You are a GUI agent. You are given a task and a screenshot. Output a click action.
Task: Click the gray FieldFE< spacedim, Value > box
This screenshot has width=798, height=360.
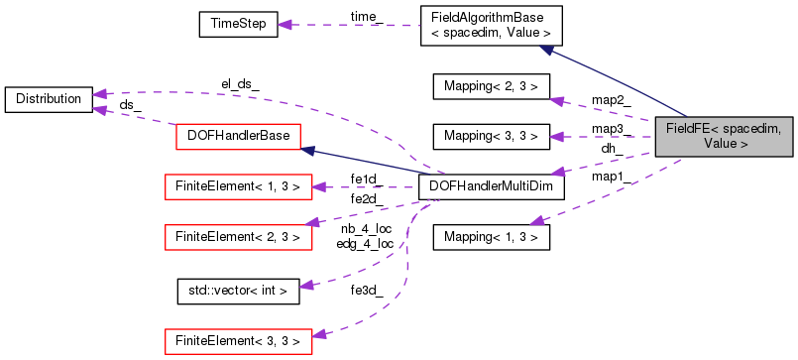[724, 136]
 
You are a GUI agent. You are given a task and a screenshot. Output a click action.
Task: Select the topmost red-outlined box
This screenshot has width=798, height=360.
[238, 137]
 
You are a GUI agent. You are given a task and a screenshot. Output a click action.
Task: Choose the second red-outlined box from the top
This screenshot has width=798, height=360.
[238, 186]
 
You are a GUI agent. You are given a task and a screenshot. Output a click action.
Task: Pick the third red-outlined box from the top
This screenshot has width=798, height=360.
[238, 237]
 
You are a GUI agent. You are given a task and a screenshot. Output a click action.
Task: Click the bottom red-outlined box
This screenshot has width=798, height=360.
[238, 342]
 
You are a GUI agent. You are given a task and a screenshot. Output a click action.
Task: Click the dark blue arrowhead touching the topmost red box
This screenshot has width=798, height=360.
[307, 151]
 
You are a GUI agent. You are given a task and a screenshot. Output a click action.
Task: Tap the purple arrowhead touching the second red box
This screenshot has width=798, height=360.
[319, 186]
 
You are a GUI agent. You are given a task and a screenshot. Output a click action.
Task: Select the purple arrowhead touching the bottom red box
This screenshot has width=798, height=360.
[319, 335]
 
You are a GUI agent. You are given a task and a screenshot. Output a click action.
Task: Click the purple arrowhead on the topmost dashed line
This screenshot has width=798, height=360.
[285, 25]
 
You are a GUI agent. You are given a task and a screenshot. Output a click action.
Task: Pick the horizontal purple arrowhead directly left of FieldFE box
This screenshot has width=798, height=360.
[557, 137]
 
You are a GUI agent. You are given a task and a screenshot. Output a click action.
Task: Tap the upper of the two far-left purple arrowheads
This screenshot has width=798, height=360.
[99, 94]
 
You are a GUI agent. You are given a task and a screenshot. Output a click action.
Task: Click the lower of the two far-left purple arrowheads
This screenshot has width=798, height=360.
[99, 109]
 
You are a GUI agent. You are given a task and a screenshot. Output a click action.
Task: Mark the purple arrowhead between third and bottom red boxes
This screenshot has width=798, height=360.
[307, 286]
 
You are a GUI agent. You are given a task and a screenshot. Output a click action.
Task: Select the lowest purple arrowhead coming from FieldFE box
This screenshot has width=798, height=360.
[536, 221]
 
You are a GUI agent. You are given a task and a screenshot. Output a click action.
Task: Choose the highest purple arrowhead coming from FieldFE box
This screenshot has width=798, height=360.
[557, 100]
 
